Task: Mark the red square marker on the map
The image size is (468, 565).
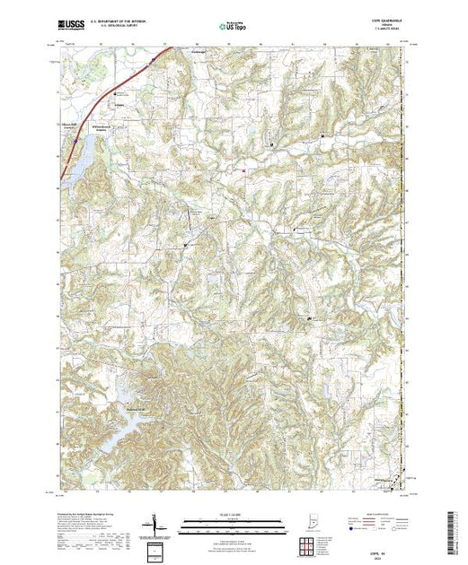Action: pos(241,166)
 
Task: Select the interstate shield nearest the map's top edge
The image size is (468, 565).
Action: pos(154,61)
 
